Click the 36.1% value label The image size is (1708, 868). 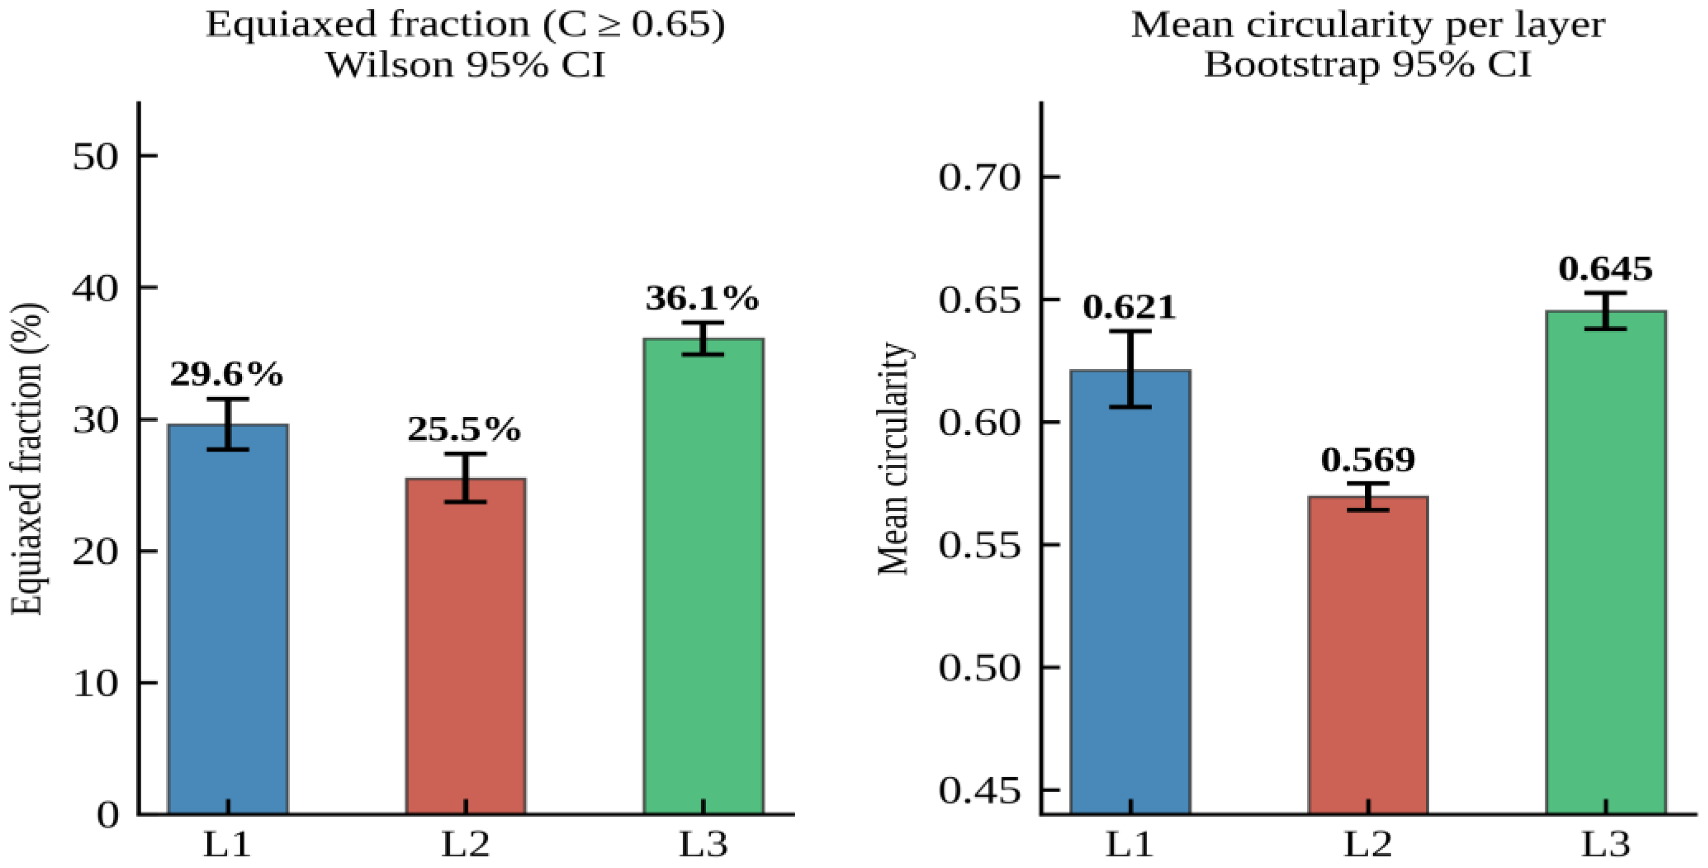(x=702, y=299)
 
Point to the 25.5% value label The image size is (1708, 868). (x=464, y=430)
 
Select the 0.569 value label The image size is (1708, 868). (x=1368, y=460)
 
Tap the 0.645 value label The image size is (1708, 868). (x=1605, y=269)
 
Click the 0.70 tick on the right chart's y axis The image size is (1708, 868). (x=978, y=178)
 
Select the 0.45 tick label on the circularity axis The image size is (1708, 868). (x=978, y=791)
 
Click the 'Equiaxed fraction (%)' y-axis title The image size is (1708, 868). (x=28, y=459)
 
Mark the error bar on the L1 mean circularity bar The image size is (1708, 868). (x=1131, y=369)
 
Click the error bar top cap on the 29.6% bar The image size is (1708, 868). (x=228, y=399)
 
